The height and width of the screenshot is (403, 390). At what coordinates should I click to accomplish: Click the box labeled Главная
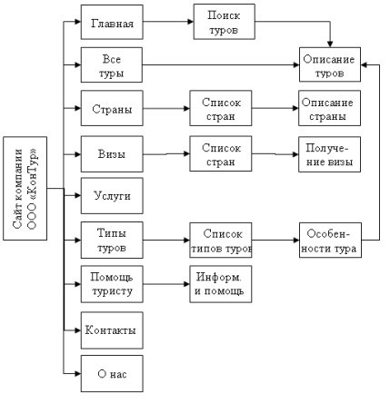112,22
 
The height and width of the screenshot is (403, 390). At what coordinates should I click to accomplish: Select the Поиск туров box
225,22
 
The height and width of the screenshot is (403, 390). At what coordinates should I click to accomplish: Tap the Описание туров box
330,64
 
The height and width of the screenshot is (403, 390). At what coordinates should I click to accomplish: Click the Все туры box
112,64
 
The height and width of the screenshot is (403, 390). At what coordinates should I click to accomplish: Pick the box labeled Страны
112,108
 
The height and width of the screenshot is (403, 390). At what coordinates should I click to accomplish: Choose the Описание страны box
330,108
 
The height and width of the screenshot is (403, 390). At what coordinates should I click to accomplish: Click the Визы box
112,154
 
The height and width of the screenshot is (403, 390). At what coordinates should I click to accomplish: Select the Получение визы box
330,154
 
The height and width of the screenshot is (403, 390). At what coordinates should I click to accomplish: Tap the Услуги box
112,196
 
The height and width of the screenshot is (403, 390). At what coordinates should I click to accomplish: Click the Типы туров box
112,240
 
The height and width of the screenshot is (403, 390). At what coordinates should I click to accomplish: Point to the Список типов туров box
221,241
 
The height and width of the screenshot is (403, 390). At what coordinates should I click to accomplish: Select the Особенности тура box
330,241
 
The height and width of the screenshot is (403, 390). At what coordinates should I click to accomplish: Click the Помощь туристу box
112,284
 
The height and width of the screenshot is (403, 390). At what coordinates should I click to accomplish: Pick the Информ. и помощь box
221,284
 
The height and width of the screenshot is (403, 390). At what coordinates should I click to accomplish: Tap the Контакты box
112,330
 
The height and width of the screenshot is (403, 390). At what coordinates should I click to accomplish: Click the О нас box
112,374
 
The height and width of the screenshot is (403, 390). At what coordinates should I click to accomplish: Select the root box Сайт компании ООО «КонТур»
25,189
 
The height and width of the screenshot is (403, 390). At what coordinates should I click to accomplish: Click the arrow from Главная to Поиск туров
168,22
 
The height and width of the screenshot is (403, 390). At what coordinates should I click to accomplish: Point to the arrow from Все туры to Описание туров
221,64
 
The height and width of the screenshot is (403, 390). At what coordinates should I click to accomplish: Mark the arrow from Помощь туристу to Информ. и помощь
166,284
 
